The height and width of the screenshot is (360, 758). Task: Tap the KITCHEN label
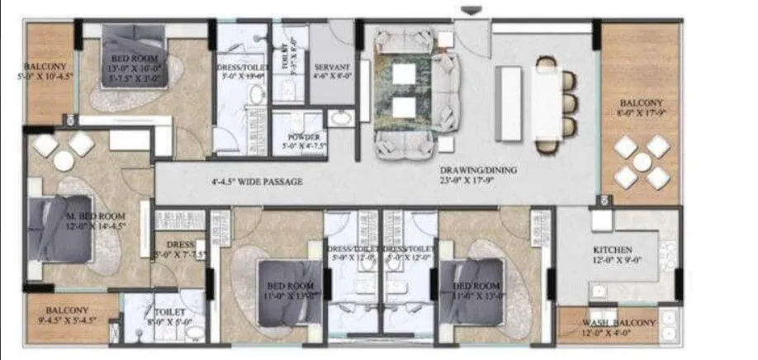coord(613,249)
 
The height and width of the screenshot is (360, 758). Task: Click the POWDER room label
coord(298,136)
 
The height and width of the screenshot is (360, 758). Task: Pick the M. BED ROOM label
coord(72,217)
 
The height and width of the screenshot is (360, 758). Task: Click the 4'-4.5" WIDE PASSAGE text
coord(256,182)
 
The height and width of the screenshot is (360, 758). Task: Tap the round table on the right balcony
coord(642,162)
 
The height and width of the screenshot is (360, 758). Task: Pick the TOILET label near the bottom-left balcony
coord(164,313)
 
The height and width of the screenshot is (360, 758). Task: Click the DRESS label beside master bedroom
coord(179,245)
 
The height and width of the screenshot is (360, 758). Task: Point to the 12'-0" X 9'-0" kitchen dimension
coord(613,261)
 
